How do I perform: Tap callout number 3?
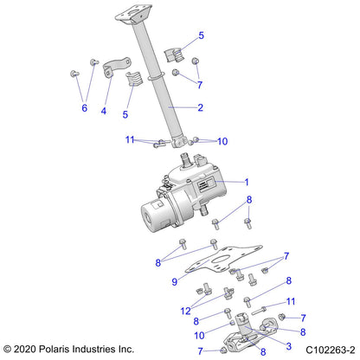click(x=276, y=344)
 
